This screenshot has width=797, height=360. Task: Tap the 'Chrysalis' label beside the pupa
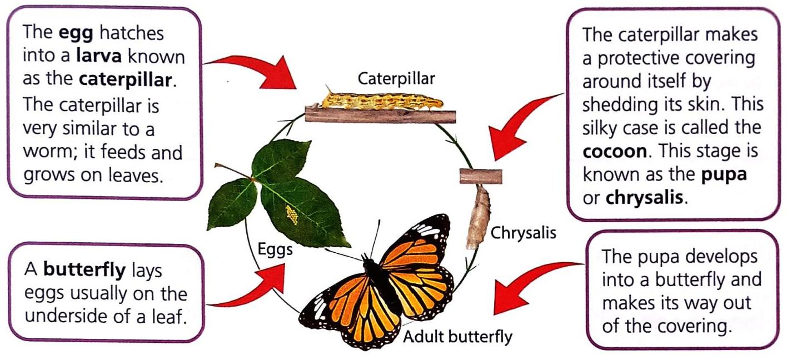(x=523, y=233)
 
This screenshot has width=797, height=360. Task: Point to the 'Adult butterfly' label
(x=457, y=336)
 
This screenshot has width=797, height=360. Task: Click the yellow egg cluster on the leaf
(x=291, y=213)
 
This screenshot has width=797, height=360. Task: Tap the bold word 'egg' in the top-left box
(x=72, y=33)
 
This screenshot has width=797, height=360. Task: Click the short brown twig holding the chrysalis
(x=481, y=176)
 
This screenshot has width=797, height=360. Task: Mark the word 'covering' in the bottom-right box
(x=692, y=326)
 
